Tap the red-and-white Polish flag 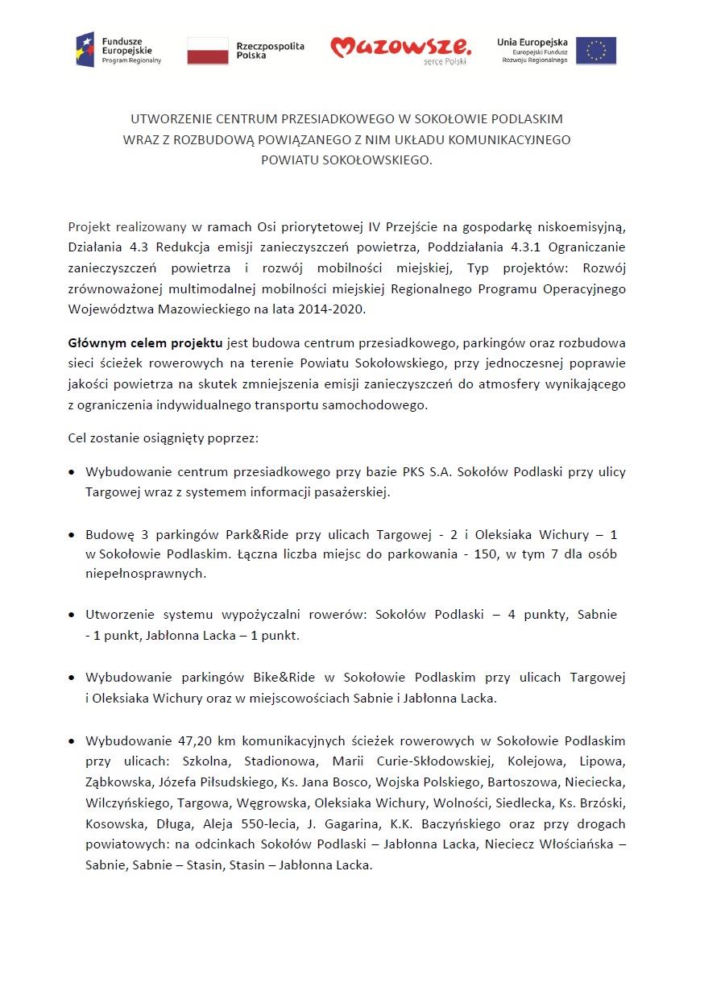[x=208, y=50]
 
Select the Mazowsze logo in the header [x=400, y=49]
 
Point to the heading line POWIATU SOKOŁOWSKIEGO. [x=346, y=160]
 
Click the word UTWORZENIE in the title [x=168, y=118]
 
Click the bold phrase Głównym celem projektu [x=147, y=342]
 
